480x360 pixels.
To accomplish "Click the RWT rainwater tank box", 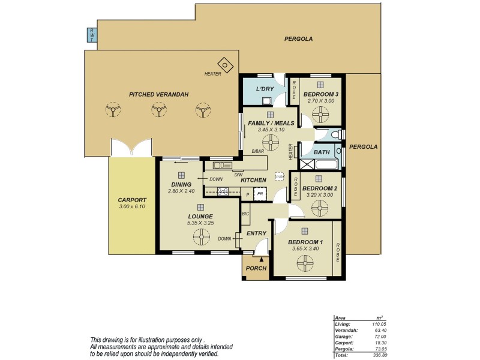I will (92, 35).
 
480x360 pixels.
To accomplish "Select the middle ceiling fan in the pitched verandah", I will (158, 109).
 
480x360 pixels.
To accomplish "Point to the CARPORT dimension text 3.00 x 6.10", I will (131, 206).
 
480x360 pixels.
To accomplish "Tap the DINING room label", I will (181, 184).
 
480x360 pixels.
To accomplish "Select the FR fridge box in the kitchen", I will (260, 194).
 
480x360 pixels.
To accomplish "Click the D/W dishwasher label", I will (230, 175).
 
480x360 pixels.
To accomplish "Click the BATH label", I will (322, 152).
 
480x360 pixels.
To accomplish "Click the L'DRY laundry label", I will (265, 89).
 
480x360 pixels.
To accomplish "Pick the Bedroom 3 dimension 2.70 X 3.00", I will (321, 101).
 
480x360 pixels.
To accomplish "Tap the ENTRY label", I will (257, 233).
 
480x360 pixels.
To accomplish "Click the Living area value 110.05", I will (375, 323).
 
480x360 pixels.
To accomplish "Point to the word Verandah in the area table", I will (346, 330).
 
